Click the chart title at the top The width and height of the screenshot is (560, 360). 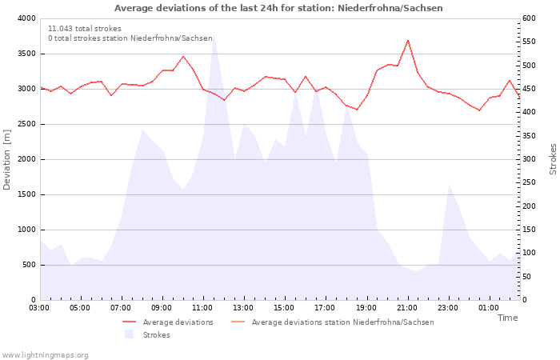278,8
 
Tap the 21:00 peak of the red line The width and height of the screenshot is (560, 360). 408,40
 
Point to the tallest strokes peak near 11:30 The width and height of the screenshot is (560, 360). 214,36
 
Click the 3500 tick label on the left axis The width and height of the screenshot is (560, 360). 26,54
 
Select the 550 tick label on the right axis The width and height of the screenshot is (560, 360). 529,42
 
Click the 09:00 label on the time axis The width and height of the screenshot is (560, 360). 162,308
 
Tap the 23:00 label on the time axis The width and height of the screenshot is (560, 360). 448,308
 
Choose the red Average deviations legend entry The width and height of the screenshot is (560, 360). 168,322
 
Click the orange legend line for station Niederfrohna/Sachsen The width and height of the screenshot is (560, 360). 238,322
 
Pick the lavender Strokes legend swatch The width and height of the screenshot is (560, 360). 129,334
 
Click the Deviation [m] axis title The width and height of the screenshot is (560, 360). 6,159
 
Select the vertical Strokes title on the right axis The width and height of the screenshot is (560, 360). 553,159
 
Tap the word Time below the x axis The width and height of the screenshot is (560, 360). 507,318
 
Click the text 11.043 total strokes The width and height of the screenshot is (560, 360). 85,29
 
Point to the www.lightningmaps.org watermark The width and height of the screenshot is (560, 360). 45,355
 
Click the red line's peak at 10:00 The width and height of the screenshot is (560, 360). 183,56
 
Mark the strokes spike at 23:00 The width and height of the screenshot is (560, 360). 449,185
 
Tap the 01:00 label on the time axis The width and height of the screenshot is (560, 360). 489,308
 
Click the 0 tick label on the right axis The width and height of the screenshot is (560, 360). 525,300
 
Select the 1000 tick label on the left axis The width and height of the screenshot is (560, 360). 26,230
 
